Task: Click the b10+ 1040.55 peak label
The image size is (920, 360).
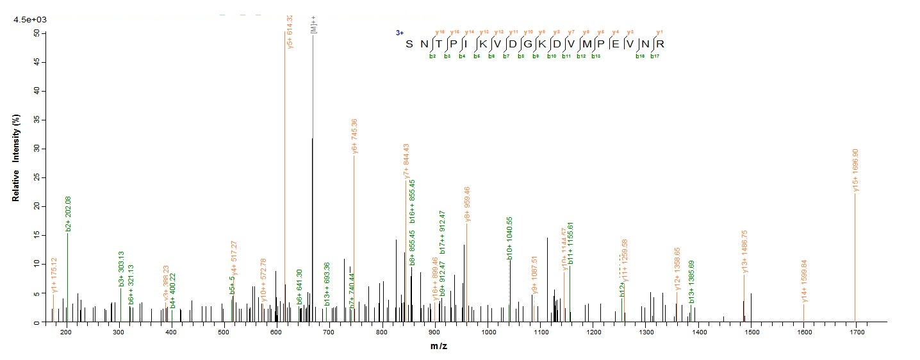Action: point(510,238)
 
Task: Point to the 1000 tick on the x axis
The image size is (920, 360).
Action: point(488,332)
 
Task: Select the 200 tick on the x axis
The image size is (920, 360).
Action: point(65,332)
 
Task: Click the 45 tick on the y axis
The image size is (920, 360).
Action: point(36,62)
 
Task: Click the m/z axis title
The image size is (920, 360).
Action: point(465,347)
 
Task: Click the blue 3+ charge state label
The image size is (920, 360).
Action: point(400,32)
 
